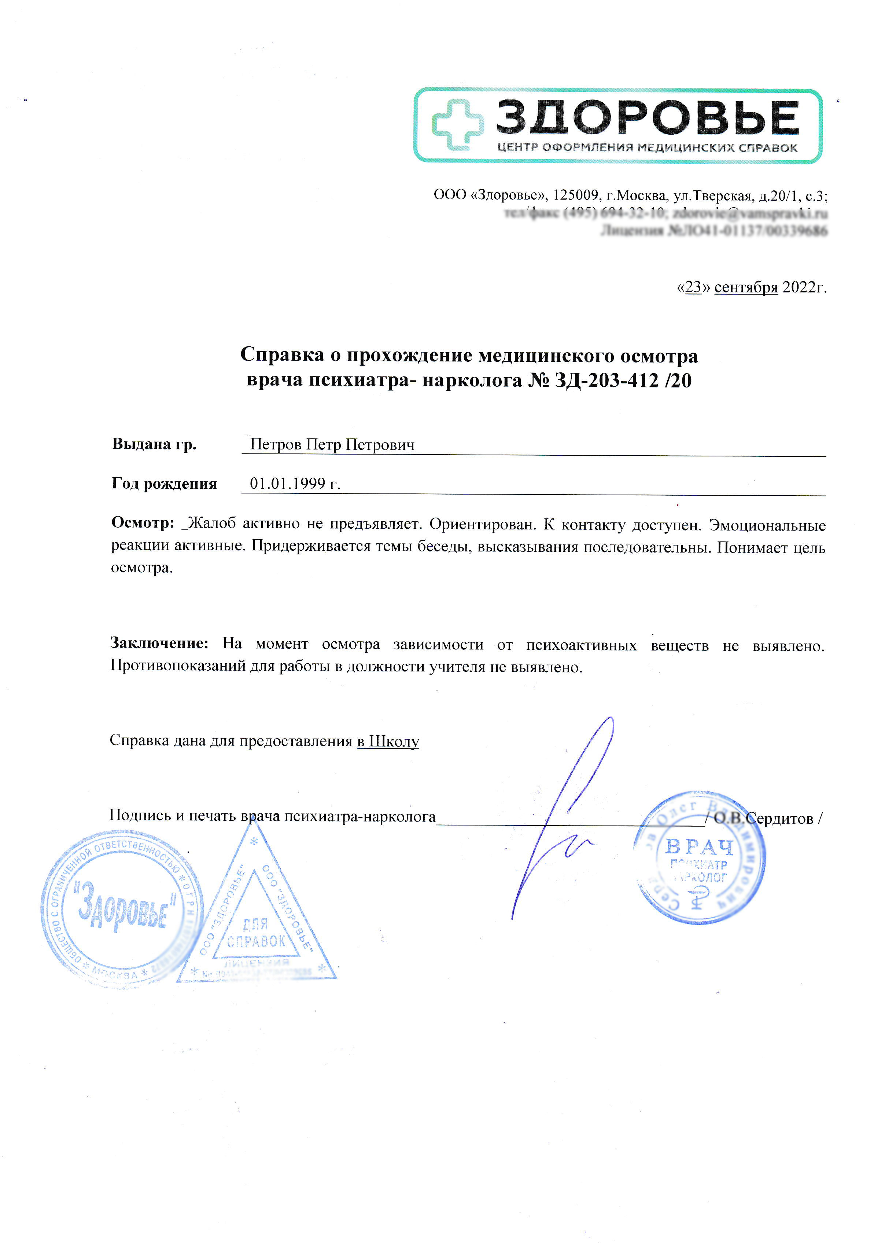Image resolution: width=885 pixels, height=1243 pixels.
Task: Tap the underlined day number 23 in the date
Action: click(693, 287)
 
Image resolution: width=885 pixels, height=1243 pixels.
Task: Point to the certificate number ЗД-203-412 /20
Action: click(623, 380)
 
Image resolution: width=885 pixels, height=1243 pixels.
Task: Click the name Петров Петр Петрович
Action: click(332, 445)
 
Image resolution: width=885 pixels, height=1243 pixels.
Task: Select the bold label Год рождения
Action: click(164, 484)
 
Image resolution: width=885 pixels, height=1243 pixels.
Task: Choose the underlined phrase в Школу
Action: click(388, 741)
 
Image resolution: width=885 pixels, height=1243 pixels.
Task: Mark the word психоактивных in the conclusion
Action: click(582, 645)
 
